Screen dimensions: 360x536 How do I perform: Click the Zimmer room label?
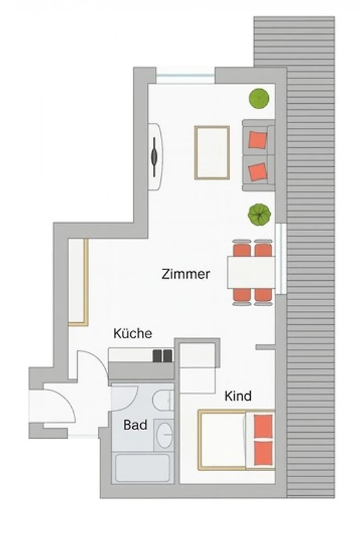pyautogui.click(x=186, y=274)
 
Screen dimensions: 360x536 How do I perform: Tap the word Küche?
pyautogui.click(x=133, y=333)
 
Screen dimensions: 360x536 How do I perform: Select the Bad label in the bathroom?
pyautogui.click(x=135, y=425)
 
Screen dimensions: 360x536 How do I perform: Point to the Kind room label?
pyautogui.click(x=238, y=396)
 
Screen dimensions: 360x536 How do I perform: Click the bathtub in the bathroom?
pyautogui.click(x=143, y=468)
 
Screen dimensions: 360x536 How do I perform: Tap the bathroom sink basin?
pyautogui.click(x=164, y=434)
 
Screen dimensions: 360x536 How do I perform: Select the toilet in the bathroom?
pyautogui.click(x=162, y=400)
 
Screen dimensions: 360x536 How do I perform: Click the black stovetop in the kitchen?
pyautogui.click(x=162, y=356)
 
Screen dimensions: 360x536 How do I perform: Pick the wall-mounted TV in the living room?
pyautogui.click(x=155, y=157)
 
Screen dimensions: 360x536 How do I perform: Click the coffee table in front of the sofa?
pyautogui.click(x=212, y=153)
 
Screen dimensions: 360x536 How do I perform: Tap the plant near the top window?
pyautogui.click(x=259, y=98)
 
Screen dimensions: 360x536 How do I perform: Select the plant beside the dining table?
pyautogui.click(x=259, y=214)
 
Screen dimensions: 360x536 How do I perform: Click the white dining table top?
pyautogui.click(x=251, y=273)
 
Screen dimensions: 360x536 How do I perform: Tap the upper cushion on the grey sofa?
pyautogui.click(x=257, y=140)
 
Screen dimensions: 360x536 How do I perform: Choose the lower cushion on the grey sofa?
pyautogui.click(x=257, y=172)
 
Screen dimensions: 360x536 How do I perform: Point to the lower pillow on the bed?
pyautogui.click(x=263, y=453)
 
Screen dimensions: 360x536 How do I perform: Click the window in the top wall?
pyautogui.click(x=185, y=75)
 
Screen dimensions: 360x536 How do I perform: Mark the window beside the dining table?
pyautogui.click(x=281, y=258)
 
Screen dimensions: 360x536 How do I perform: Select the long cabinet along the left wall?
pyautogui.click(x=78, y=282)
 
